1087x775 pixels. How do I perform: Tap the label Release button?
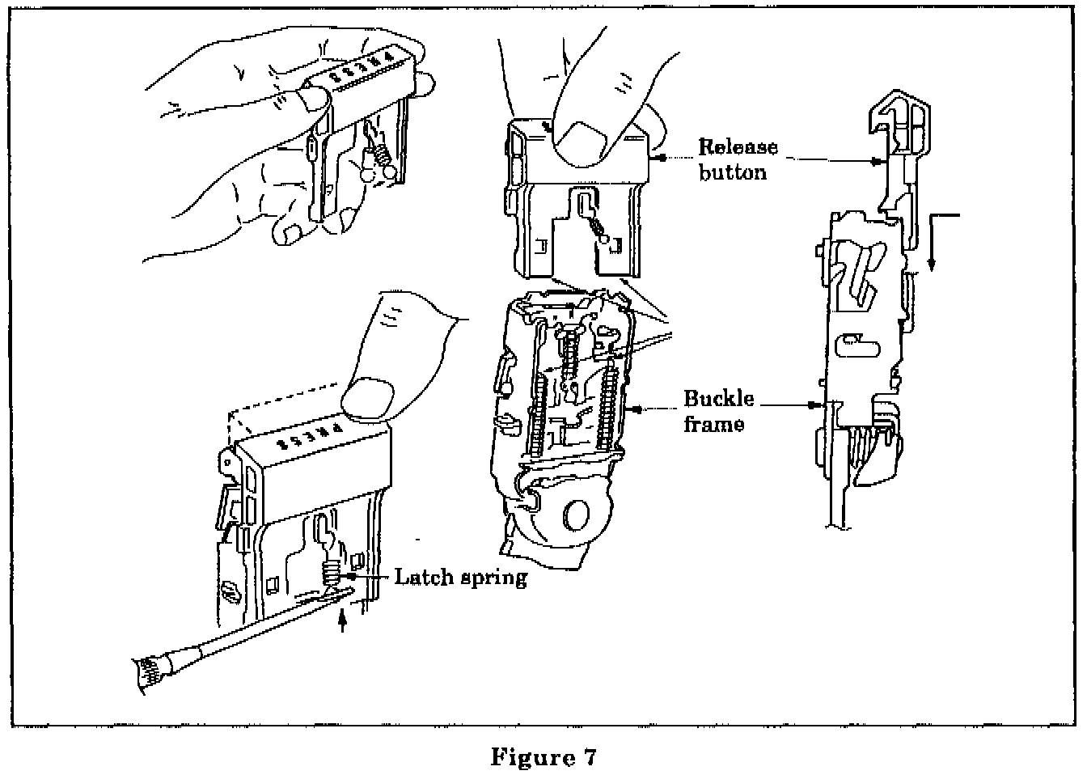click(x=738, y=159)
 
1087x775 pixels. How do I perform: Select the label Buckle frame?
click(x=718, y=411)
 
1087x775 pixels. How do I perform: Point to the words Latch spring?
click(x=460, y=578)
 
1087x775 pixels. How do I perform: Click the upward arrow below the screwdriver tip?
click(x=343, y=620)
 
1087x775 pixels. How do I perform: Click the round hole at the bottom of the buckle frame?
click(x=576, y=515)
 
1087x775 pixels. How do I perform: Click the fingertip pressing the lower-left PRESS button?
click(x=374, y=397)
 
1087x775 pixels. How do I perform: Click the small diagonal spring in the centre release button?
click(x=599, y=228)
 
